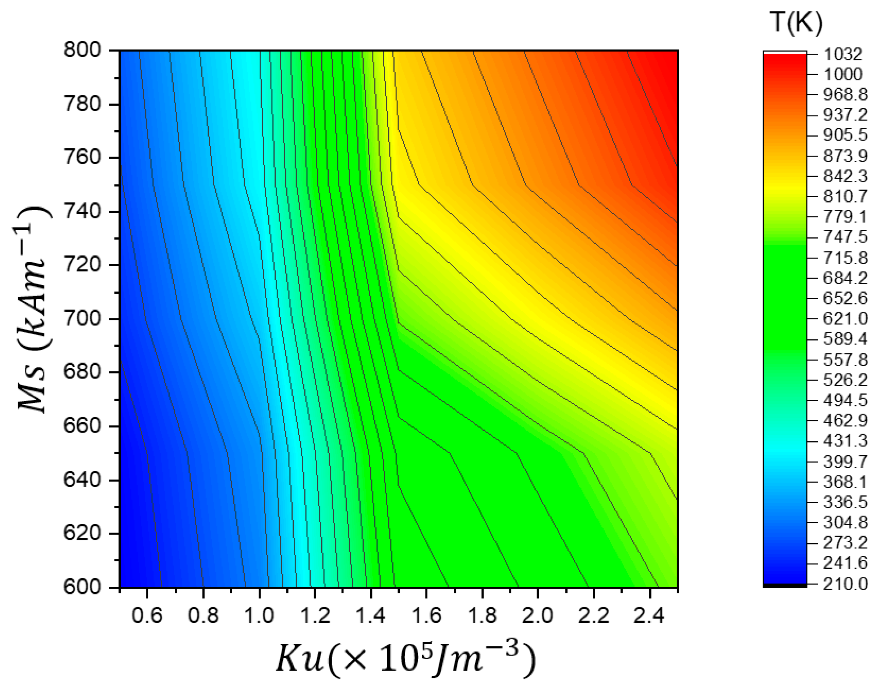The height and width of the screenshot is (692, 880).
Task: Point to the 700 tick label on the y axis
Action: (x=82, y=318)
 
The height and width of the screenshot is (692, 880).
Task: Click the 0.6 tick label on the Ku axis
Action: (x=147, y=615)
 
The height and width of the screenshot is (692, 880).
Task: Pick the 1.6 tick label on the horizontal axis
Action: (x=426, y=615)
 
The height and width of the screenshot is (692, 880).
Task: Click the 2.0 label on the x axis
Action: (x=537, y=615)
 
